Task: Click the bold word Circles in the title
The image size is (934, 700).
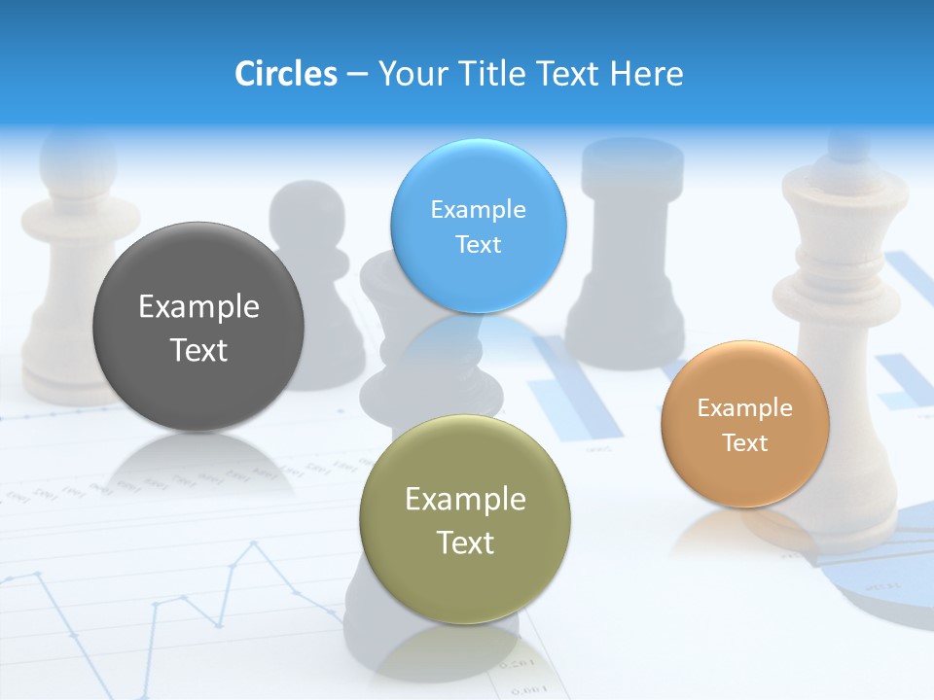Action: tap(285, 74)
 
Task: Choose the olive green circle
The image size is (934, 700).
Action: tap(465, 583)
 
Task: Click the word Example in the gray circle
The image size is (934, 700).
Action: tap(198, 307)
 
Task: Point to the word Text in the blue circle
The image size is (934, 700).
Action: tap(479, 245)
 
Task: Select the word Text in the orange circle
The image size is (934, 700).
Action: tap(745, 443)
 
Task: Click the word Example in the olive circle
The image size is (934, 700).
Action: tap(465, 500)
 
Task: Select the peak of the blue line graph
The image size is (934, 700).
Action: tap(255, 545)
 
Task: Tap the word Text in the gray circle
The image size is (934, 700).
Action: tap(198, 350)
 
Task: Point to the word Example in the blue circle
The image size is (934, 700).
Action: tap(479, 210)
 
